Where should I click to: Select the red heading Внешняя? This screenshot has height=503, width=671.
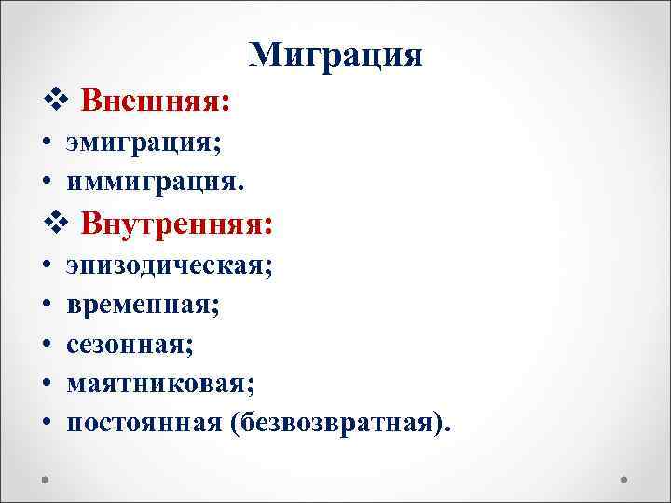tap(156, 101)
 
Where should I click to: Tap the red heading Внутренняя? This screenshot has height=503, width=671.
tap(177, 224)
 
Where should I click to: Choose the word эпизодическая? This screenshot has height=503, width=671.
tap(168, 266)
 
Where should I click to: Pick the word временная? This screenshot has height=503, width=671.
tap(142, 304)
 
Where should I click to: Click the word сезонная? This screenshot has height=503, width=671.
tap(128, 345)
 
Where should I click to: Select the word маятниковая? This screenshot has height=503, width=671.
tap(158, 383)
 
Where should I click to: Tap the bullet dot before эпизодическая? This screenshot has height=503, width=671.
tap(46, 267)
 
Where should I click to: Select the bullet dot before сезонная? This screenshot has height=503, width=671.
tap(46, 346)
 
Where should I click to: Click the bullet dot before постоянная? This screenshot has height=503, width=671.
tap(46, 424)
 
